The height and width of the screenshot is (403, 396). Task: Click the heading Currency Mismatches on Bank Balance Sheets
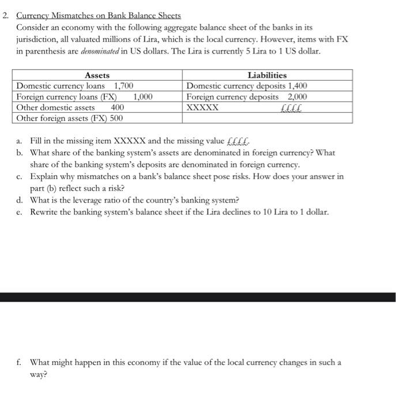[99, 16]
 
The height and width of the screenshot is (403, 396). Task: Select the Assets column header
[97, 75]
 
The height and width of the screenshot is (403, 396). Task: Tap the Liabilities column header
[267, 75]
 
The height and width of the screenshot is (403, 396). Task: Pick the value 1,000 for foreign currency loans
[142, 97]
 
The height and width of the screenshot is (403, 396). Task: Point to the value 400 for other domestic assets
[117, 108]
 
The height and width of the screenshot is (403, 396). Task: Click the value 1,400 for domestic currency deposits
[296, 86]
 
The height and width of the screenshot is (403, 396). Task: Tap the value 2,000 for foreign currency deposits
[297, 97]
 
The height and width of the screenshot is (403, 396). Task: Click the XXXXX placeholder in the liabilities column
[202, 108]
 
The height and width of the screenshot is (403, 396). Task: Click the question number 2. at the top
[6, 16]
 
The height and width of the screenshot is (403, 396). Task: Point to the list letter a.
[20, 141]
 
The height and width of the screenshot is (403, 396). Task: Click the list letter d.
[20, 200]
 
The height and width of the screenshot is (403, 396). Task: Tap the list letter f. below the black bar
[20, 363]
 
